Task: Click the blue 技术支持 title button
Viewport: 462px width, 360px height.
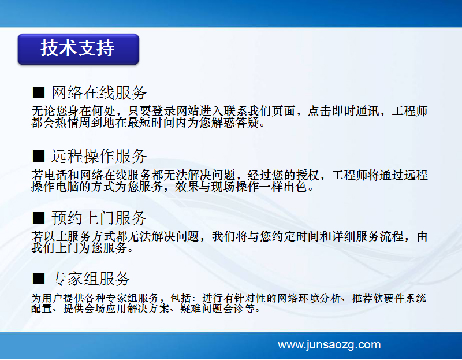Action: tap(79, 49)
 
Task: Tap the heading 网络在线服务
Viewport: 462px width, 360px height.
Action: tap(99, 92)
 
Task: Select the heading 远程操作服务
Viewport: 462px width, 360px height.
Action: tap(99, 156)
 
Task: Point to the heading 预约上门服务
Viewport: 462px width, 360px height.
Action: tap(99, 218)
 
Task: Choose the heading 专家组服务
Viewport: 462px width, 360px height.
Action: tap(91, 279)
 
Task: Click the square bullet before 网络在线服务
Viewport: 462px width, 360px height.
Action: tap(39, 92)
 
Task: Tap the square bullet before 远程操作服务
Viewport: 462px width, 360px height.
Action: tap(39, 156)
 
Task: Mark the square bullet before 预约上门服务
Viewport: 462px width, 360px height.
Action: tap(39, 218)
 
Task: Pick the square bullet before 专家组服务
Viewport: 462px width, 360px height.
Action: tap(39, 279)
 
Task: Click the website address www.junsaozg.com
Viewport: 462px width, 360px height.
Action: tap(329, 344)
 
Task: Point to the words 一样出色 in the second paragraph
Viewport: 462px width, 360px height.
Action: tap(284, 187)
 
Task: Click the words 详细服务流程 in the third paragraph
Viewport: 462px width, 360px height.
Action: tap(368, 236)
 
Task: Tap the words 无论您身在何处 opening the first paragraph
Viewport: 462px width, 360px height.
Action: tap(73, 112)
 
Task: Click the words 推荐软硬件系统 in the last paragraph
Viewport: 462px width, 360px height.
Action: tap(389, 298)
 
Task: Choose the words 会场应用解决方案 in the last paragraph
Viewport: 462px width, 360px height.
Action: tap(117, 309)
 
